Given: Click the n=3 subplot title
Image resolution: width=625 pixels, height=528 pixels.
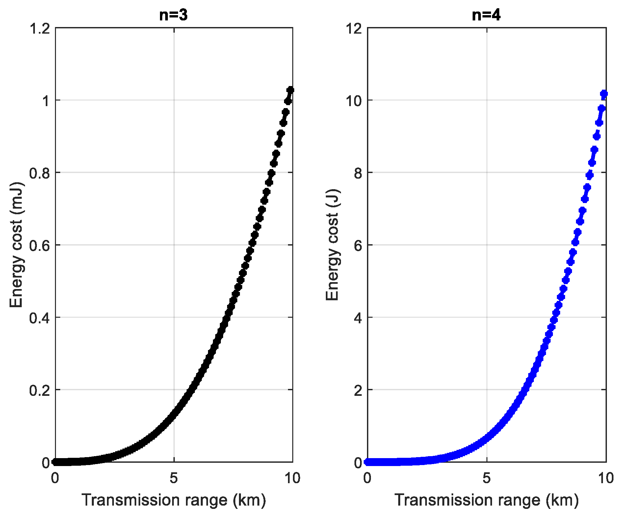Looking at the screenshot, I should (173, 15).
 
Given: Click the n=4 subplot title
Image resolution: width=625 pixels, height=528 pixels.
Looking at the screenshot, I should (486, 15).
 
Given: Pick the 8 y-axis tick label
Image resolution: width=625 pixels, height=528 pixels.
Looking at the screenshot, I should (358, 173).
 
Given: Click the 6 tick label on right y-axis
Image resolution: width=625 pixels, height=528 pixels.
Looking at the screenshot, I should (358, 246).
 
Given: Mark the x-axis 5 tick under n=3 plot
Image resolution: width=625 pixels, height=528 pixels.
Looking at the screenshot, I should (174, 478).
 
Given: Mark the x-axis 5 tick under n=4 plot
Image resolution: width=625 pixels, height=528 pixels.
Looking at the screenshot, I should (487, 478).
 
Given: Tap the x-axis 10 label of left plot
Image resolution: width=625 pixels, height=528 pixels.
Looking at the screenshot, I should (292, 478).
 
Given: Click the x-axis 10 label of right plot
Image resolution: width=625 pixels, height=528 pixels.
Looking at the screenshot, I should (606, 478).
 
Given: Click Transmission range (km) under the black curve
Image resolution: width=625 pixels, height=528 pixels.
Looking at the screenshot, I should (173, 500).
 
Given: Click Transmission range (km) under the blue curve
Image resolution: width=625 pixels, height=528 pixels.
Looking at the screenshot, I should (486, 500).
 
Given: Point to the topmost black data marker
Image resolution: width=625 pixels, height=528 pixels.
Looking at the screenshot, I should (290, 90).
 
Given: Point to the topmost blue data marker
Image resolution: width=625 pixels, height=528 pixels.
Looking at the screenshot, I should (604, 94).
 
